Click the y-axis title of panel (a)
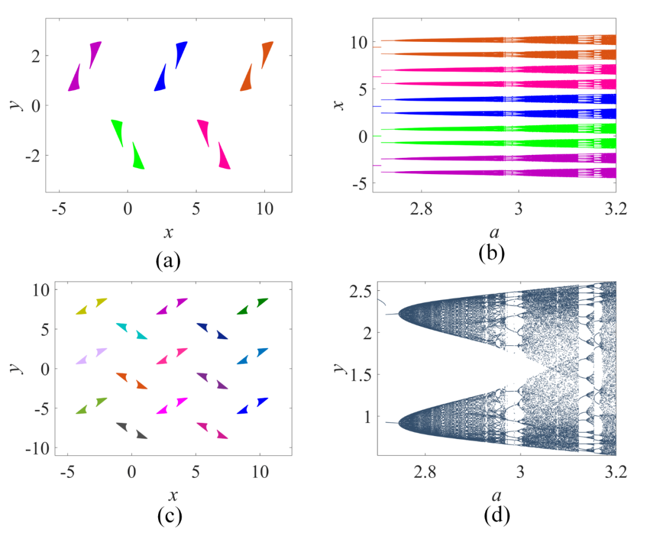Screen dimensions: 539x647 [19, 104]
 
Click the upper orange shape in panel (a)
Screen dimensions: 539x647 [267, 54]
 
